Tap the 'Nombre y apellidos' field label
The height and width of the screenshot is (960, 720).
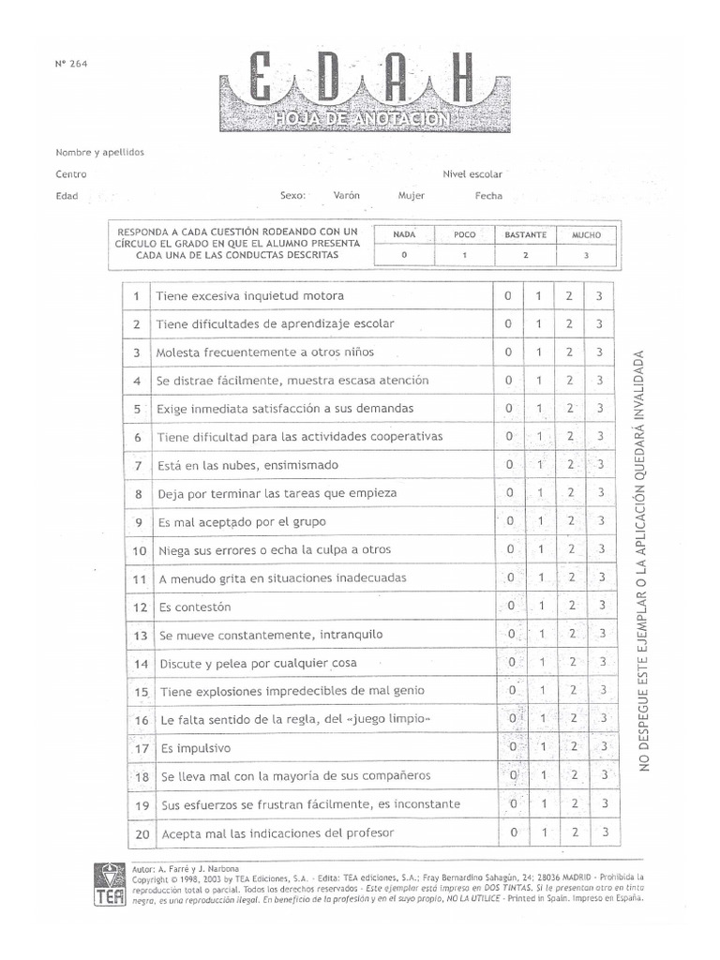100,152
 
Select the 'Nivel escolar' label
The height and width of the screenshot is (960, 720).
472,174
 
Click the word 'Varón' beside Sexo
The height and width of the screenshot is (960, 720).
346,196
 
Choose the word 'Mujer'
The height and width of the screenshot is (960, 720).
411,196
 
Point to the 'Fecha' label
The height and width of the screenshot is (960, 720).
488,196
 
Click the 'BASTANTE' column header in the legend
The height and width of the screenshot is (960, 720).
525,235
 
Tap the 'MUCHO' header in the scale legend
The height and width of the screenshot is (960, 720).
587,235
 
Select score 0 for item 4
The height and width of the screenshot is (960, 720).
508,381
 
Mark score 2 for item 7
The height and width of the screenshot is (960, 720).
570,465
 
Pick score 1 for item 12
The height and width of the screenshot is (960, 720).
541,606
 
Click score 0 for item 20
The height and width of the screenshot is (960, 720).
514,832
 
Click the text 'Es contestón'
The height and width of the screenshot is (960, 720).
194,607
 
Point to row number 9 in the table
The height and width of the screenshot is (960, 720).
138,522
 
